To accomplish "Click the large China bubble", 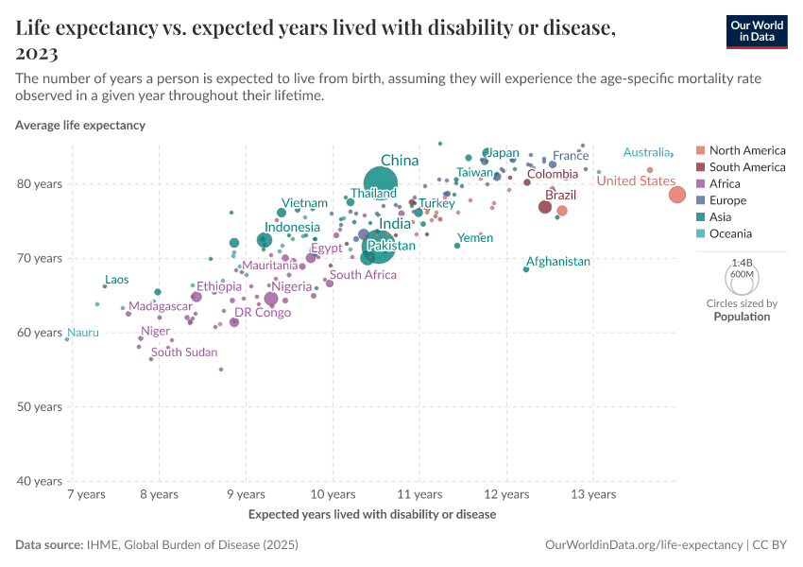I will [x=380, y=184].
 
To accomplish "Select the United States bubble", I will [x=677, y=195].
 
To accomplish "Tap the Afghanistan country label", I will [x=557, y=262].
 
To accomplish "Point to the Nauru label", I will [x=82, y=333].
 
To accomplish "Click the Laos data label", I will [x=117, y=280].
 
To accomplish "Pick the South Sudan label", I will [x=184, y=352].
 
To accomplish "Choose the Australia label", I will [x=646, y=153].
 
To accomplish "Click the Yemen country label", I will [x=474, y=238].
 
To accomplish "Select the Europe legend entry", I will [x=727, y=200].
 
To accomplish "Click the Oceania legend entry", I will [x=730, y=233].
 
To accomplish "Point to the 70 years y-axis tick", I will [x=42, y=258].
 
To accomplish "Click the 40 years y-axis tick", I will [x=42, y=482].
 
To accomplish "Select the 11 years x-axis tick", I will [x=419, y=494].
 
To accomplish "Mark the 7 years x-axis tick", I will [x=85, y=494].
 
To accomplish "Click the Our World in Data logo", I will [x=757, y=31].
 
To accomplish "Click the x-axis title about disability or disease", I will [x=371, y=515].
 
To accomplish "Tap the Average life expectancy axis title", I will [x=80, y=125].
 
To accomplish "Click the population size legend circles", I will [x=742, y=278].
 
